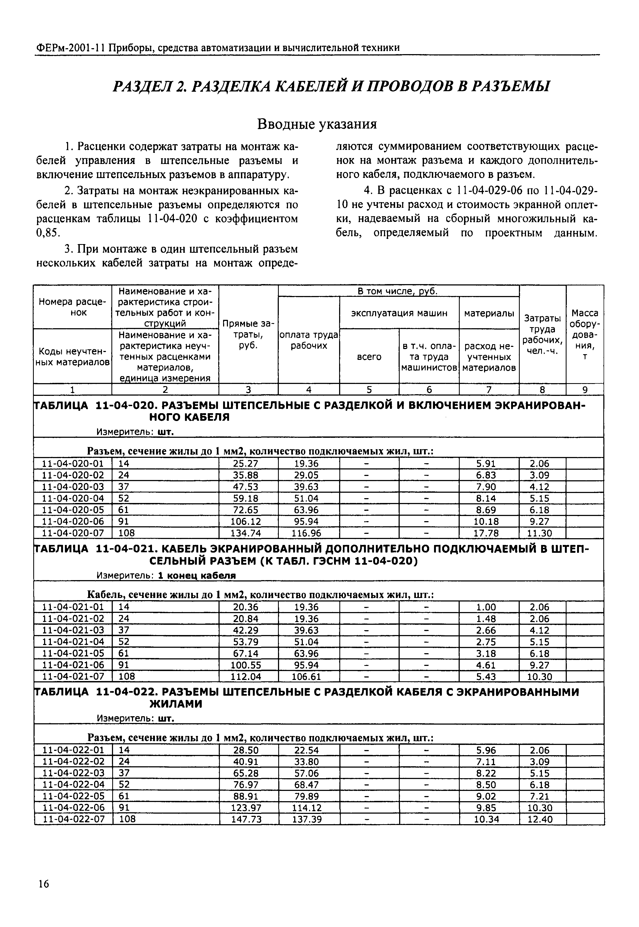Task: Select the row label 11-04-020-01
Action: [73, 464]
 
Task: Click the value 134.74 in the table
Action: [246, 533]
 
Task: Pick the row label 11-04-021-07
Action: [73, 677]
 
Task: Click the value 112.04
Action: [246, 677]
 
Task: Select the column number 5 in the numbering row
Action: [369, 389]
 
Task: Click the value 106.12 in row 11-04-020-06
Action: [246, 522]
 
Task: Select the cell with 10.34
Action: [486, 820]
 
